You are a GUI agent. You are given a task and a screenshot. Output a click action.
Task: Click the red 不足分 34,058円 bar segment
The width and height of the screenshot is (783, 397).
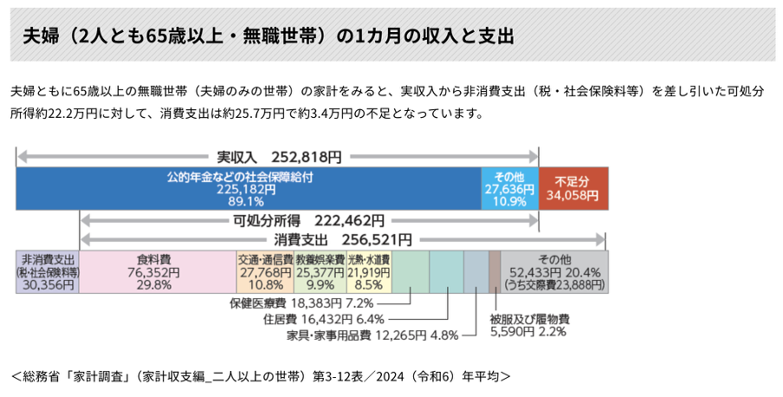click(573, 189)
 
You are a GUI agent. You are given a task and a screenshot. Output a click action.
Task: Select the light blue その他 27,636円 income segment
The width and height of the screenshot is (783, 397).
click(510, 189)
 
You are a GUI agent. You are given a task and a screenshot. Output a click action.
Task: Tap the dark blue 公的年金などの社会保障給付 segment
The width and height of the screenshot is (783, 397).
click(249, 189)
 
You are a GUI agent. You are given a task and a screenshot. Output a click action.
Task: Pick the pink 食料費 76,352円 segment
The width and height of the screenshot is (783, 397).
click(158, 271)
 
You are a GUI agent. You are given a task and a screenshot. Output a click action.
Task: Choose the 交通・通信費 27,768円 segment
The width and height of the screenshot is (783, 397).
click(265, 271)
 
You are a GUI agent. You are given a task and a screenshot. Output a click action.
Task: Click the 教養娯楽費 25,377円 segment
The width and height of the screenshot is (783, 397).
click(320, 271)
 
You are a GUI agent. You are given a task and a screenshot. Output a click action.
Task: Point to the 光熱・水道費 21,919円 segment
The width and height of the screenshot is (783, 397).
click(369, 271)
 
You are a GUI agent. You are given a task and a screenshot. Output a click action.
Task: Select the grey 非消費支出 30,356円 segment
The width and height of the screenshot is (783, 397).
click(48, 271)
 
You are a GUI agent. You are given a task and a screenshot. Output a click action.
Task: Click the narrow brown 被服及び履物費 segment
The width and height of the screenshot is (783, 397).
click(495, 271)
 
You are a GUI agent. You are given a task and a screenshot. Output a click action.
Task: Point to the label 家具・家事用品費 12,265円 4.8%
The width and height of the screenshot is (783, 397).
click(372, 335)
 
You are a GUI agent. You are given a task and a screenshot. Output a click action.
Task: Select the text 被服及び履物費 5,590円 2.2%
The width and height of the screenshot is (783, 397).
click(529, 324)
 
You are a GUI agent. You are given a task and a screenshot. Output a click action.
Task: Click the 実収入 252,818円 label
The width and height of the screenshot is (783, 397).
click(279, 158)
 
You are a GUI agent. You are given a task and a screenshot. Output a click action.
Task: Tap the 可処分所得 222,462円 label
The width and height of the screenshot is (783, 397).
click(309, 221)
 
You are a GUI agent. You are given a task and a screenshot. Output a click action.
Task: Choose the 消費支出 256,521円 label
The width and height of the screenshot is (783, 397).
click(343, 239)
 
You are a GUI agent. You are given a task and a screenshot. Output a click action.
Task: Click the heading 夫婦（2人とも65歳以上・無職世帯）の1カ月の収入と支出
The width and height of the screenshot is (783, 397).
click(269, 36)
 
